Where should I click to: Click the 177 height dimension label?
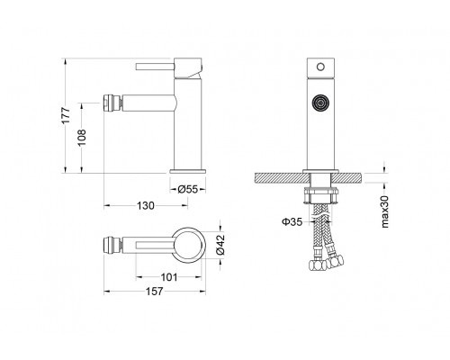pyautogui.click(x=66, y=115)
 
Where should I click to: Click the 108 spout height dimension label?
pyautogui.click(x=82, y=138)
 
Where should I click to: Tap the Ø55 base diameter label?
pyautogui.click(x=187, y=189)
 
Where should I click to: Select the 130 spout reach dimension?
pyautogui.click(x=146, y=206)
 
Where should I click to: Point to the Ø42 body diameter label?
pyautogui.click(x=220, y=244)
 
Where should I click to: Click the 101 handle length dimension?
pyautogui.click(x=169, y=277)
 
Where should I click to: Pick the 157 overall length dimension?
pyautogui.click(x=155, y=291)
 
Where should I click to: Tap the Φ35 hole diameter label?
pyautogui.click(x=292, y=221)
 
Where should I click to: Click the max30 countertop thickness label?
pyautogui.click(x=384, y=211)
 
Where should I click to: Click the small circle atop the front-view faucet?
pyautogui.click(x=320, y=67)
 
